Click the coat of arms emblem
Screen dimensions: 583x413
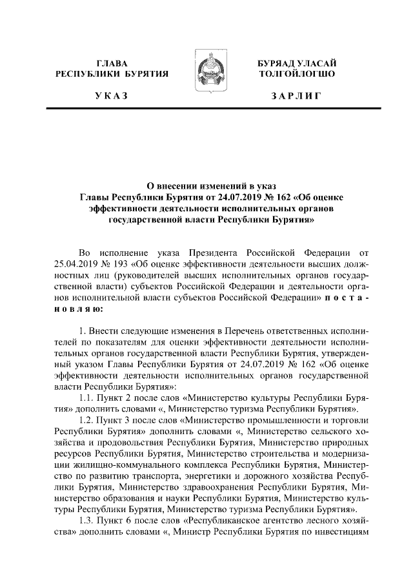[x=206, y=76]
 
